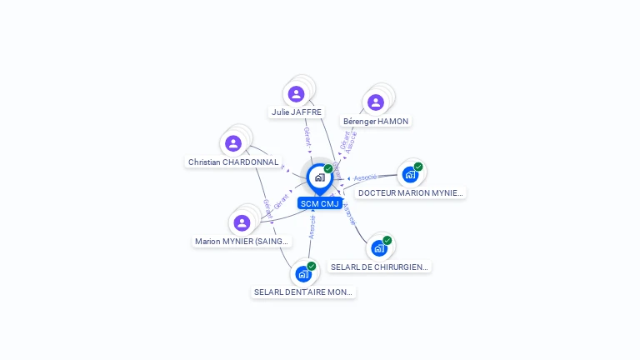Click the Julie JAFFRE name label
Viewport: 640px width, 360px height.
[x=296, y=112]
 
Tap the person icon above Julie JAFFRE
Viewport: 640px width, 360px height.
[x=296, y=94]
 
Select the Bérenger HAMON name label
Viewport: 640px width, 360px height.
[x=376, y=121]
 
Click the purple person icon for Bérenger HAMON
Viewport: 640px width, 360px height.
[x=376, y=102]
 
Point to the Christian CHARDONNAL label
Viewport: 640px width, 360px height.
[x=233, y=162]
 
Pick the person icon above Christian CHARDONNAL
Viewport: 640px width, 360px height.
[x=233, y=143]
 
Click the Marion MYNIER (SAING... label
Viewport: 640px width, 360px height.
[x=242, y=241]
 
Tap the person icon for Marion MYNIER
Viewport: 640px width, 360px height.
[x=242, y=222]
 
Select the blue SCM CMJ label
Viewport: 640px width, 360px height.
[x=320, y=203]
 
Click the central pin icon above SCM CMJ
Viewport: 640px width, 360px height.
[x=319, y=177]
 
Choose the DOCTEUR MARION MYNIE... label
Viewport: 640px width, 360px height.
[x=410, y=192]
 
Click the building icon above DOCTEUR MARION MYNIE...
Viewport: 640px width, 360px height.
[x=409, y=174]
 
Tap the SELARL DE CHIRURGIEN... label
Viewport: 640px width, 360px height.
[x=379, y=267]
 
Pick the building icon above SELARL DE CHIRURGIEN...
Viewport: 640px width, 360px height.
[x=379, y=247]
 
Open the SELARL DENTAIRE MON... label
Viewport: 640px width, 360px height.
[x=303, y=292]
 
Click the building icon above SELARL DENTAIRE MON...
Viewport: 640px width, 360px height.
[x=303, y=273]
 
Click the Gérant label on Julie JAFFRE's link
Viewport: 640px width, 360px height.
[x=307, y=137]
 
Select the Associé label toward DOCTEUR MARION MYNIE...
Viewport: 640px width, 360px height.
[x=365, y=177]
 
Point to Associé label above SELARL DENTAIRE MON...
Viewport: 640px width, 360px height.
[x=312, y=227]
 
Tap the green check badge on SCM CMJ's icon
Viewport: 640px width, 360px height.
[x=328, y=169]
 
